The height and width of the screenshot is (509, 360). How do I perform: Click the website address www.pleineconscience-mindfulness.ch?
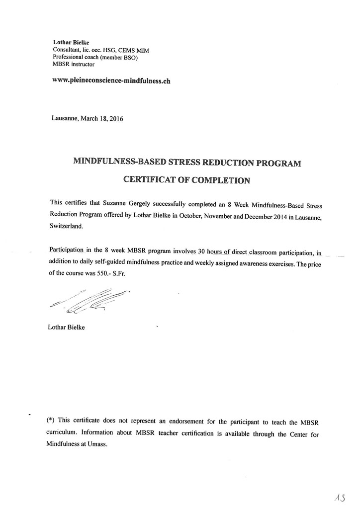(111, 81)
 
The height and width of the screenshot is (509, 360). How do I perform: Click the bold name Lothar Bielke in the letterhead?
(71, 43)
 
